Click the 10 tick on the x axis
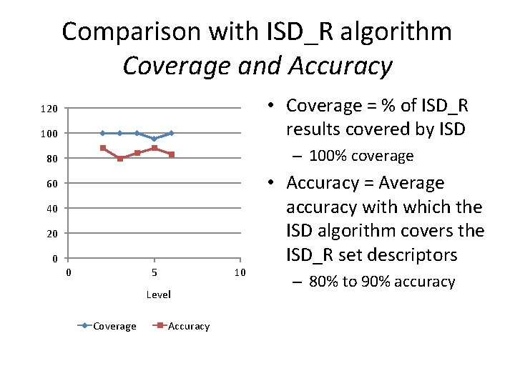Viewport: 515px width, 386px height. pyautogui.click(x=240, y=272)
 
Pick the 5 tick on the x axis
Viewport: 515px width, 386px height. pyautogui.click(x=154, y=272)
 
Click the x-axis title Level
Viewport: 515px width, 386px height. pyautogui.click(x=158, y=295)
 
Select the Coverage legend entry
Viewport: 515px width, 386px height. pyautogui.click(x=114, y=326)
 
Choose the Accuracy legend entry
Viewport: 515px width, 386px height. pyautogui.click(x=188, y=326)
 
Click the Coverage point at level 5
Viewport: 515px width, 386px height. pyautogui.click(x=154, y=139)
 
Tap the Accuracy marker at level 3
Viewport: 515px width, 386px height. pyautogui.click(x=119, y=159)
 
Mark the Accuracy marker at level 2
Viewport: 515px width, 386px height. pyautogui.click(x=103, y=148)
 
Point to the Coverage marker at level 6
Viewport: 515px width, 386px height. pyautogui.click(x=172, y=133)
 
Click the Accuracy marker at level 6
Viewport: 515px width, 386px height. pyautogui.click(x=172, y=154)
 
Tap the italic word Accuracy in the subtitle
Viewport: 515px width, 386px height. pyautogui.click(x=340, y=66)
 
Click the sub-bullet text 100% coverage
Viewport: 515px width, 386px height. pyautogui.click(x=362, y=156)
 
